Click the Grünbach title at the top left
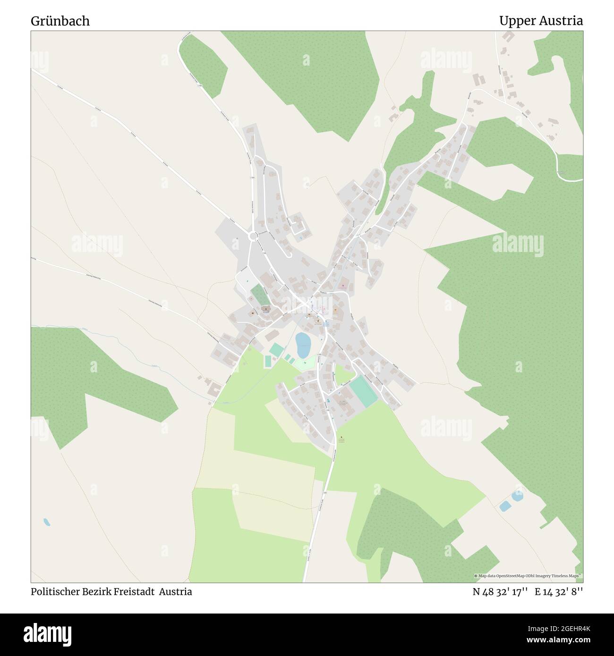pyautogui.click(x=60, y=21)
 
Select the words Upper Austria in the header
pyautogui.click(x=540, y=21)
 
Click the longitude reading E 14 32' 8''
pyautogui.click(x=559, y=592)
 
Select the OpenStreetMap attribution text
pyautogui.click(x=528, y=576)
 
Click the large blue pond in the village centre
pyautogui.click(x=302, y=345)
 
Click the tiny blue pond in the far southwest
pyautogui.click(x=46, y=522)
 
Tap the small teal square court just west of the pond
pyautogui.click(x=276, y=350)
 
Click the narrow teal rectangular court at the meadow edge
pyautogui.click(x=268, y=362)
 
